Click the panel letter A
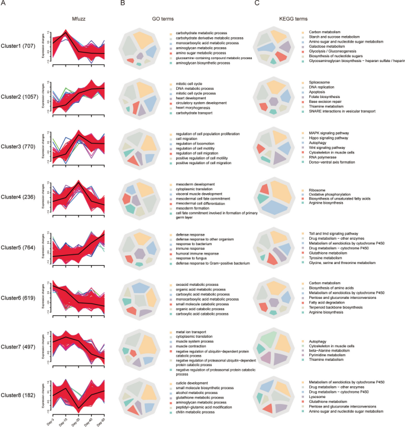4,4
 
